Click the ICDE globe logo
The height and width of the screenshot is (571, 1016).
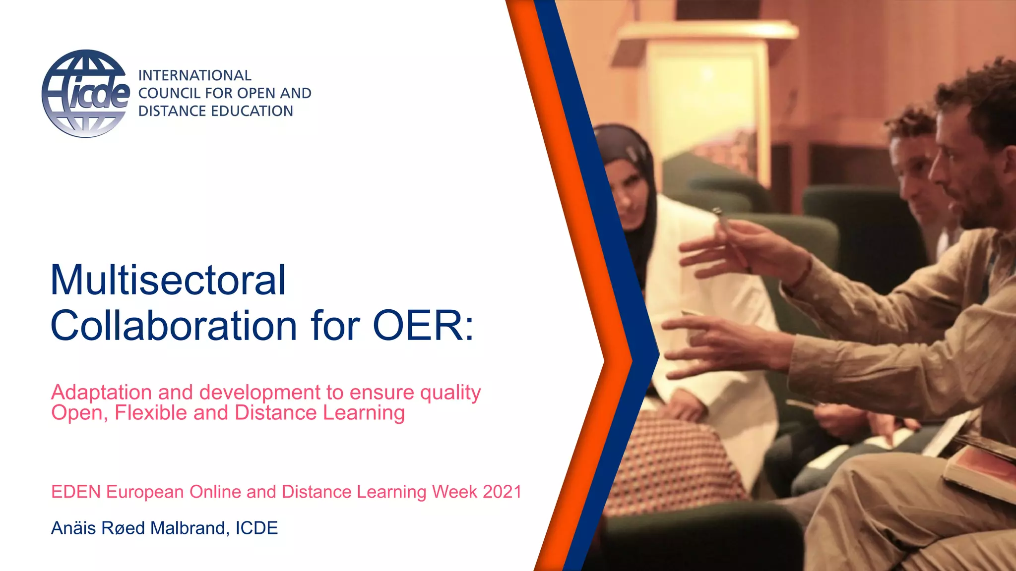point(85,94)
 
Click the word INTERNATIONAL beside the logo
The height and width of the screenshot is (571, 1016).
point(194,75)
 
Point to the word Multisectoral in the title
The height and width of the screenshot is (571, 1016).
point(168,280)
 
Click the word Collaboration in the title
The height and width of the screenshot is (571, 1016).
point(174,326)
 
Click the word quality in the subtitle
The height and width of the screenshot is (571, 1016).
point(450,393)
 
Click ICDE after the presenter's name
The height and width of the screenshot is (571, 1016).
point(256,528)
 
